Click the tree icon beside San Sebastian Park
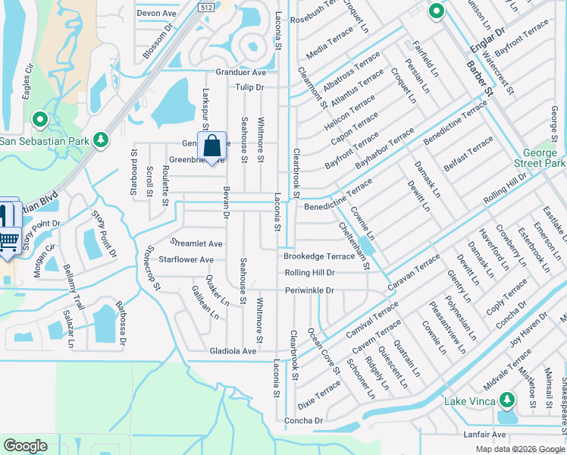pyautogui.click(x=100, y=140)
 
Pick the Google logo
pyautogui.click(x=26, y=446)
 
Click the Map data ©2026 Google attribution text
pyautogui.click(x=519, y=449)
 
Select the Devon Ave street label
pyautogui.click(x=156, y=14)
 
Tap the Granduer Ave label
pyautogui.click(x=240, y=73)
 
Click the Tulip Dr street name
pyautogui.click(x=249, y=88)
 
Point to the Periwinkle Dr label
pyautogui.click(x=309, y=290)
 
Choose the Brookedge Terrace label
pyautogui.click(x=319, y=256)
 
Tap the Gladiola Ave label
pyautogui.click(x=233, y=351)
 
